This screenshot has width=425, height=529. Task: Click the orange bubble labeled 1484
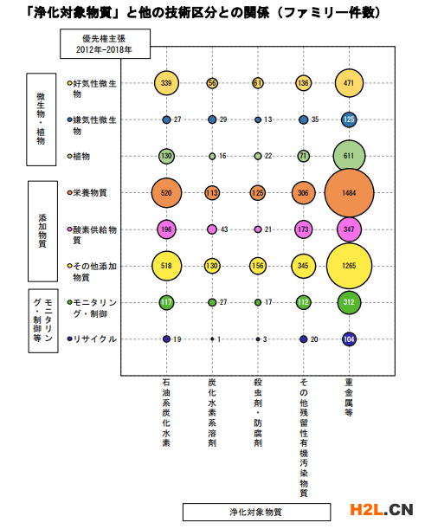pos(349,193)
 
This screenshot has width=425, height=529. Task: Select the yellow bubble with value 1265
pos(349,266)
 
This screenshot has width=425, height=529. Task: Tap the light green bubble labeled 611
pos(349,156)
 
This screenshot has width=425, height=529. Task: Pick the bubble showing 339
pos(166,83)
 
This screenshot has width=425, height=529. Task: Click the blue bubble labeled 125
pos(349,119)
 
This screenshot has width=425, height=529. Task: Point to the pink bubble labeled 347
pos(349,229)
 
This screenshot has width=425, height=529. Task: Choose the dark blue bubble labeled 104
pos(349,339)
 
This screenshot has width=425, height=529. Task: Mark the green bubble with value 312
pos(349,302)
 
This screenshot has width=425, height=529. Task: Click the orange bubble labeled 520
pos(166,193)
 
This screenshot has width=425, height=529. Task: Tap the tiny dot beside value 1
pos(212,339)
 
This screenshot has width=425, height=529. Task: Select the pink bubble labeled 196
pos(166,229)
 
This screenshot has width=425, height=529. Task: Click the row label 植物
pos(81,156)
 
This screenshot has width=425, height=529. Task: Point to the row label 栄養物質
pos(90,193)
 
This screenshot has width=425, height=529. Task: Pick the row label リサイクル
pos(95,339)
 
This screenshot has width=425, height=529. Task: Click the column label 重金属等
pos(349,397)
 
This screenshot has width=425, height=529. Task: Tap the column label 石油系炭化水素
pos(166,413)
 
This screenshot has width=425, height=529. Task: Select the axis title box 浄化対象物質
pos(257,513)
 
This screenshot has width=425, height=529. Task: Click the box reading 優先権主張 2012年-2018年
pos(106,44)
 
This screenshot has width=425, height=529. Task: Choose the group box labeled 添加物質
pos(42,231)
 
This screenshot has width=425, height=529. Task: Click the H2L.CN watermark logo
pos(382,510)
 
